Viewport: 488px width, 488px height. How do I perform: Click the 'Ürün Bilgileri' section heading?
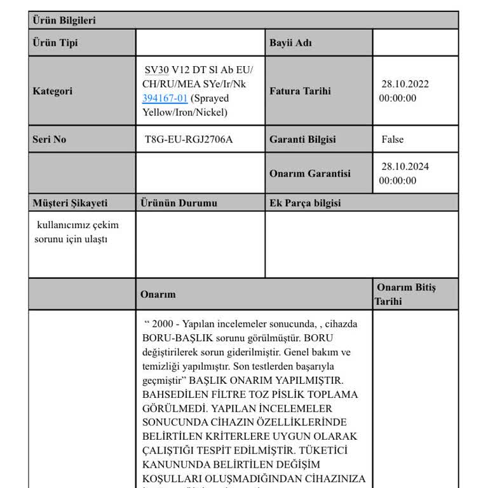click(64, 20)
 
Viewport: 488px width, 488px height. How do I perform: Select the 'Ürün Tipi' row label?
click(55, 43)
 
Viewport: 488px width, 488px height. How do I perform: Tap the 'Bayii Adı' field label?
click(290, 43)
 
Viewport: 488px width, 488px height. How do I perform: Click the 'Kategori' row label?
click(53, 91)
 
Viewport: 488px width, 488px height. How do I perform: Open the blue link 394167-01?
click(165, 98)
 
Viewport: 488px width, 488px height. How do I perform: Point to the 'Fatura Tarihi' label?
click(300, 91)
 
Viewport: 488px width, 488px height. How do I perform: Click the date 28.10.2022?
click(405, 84)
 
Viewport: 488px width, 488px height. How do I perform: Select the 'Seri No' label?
click(50, 139)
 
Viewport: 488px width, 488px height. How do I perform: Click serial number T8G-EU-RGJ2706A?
click(189, 139)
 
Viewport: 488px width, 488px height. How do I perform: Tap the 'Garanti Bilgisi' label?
click(302, 139)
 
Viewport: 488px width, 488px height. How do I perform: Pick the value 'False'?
click(392, 139)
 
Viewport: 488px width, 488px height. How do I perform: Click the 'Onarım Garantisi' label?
click(309, 173)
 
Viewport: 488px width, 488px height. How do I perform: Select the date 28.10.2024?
click(405, 166)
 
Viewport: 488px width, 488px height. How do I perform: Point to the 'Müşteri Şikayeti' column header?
click(70, 203)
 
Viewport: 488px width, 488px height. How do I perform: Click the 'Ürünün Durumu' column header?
click(179, 203)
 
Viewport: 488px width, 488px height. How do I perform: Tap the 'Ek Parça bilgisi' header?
click(305, 203)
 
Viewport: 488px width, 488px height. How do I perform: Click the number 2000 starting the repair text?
click(163, 324)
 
